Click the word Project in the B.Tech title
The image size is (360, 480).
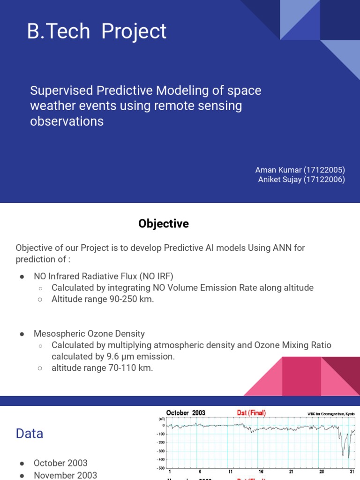(x=134, y=31)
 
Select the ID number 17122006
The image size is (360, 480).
(x=324, y=180)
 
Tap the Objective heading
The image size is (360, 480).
(x=163, y=224)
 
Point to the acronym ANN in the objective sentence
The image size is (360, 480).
(x=282, y=247)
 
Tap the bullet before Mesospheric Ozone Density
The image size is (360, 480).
(x=22, y=334)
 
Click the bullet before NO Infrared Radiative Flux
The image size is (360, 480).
(x=22, y=277)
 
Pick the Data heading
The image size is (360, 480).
(x=30, y=434)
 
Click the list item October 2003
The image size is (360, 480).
(x=60, y=463)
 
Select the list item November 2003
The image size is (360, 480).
(x=65, y=475)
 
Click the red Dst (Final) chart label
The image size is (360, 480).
(x=251, y=413)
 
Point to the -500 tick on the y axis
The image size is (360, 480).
(x=160, y=468)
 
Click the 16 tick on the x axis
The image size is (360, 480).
(x=261, y=472)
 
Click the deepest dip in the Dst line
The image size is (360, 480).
(x=349, y=457)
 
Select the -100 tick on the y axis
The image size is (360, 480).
(x=160, y=434)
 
